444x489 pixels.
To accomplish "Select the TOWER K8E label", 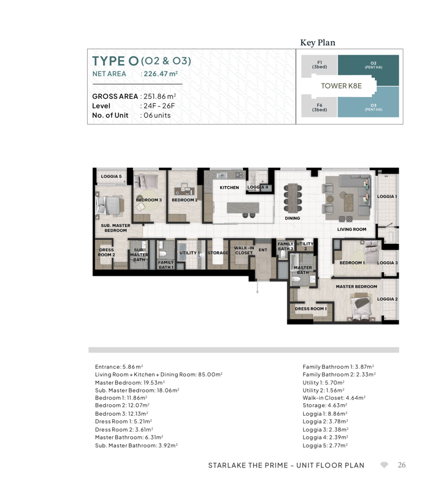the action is pos(341,86).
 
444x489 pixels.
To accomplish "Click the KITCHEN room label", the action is pos(230,188).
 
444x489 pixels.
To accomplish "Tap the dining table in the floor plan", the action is pos(293,197).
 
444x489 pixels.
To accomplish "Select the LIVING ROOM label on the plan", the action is pos(352,229).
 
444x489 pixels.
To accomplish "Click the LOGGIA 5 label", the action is pos(111,176).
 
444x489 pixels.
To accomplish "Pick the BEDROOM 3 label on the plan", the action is pos(149,200).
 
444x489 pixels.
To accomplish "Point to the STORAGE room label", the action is pos(218,253).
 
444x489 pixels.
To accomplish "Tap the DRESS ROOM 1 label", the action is pos(311,309).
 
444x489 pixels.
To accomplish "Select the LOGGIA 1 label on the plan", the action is pos(387,196).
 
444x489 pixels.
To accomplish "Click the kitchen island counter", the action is pos(243,208).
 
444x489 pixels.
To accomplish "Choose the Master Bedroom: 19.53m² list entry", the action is pos(130,383).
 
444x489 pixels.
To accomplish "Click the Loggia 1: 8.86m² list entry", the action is pos(325,414).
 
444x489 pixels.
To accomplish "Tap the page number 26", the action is pos(402,465).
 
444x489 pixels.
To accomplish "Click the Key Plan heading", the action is pos(318,42).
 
